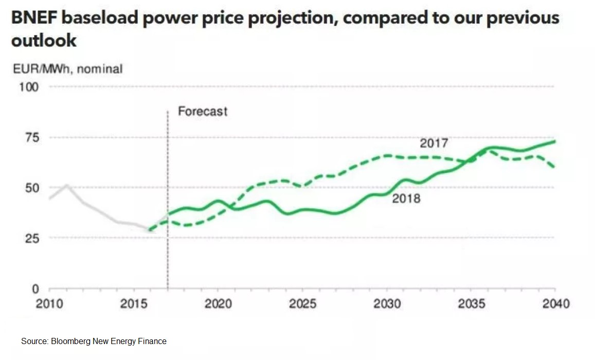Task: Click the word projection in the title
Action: (x=287, y=19)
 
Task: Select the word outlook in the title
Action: (x=44, y=40)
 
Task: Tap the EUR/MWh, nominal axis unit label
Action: (x=67, y=68)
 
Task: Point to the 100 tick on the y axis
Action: (x=29, y=86)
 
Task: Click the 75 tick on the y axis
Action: (x=31, y=137)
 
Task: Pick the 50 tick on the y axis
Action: (x=31, y=188)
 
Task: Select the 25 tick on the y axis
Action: (x=31, y=238)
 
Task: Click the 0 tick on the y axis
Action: (x=35, y=289)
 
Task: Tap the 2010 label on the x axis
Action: (x=49, y=304)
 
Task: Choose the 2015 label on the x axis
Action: (x=134, y=304)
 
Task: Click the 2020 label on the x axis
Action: (x=218, y=304)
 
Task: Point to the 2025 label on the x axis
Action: (x=302, y=304)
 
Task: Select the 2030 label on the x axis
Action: (x=387, y=304)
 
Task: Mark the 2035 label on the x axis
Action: (x=471, y=304)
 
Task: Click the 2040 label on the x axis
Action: (x=554, y=304)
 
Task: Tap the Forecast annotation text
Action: (x=203, y=111)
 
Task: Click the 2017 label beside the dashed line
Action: (x=434, y=143)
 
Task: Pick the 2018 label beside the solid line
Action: (x=406, y=198)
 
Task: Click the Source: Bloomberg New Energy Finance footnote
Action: (x=94, y=341)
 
